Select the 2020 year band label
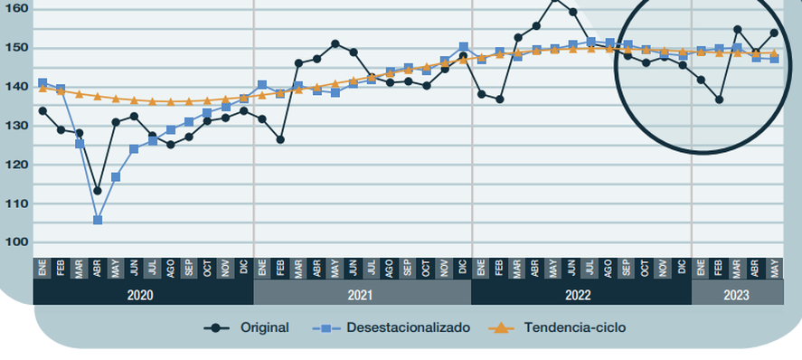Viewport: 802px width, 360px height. tap(140, 295)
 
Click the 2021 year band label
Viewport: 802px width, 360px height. tap(361, 295)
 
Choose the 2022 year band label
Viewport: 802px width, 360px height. tap(580, 295)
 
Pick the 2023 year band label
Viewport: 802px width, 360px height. tap(736, 295)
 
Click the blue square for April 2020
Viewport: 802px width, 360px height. tap(98, 220)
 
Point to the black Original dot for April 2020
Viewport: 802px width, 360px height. tap(98, 191)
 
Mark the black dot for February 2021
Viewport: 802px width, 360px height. tap(280, 139)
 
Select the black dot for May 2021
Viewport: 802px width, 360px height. tap(335, 43)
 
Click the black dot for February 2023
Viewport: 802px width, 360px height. tap(719, 99)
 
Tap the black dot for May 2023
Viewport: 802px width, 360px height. tap(774, 33)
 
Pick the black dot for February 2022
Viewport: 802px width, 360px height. tap(499, 99)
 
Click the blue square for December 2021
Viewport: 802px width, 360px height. tap(463, 46)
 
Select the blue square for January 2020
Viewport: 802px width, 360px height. tap(42, 82)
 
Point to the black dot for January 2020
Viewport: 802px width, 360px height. tap(42, 110)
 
